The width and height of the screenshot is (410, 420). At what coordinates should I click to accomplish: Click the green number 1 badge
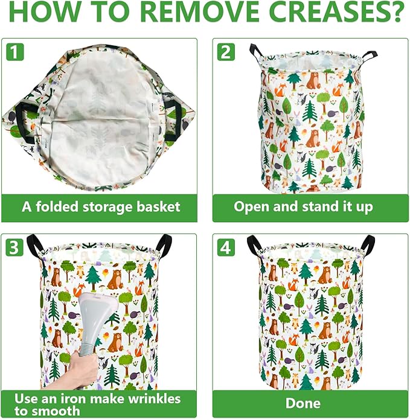click(x=16, y=52)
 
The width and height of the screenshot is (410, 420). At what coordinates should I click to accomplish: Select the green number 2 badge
click(x=226, y=52)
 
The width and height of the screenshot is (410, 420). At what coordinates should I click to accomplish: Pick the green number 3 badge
click(x=16, y=247)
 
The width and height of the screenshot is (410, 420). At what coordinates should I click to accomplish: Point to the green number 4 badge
click(x=226, y=247)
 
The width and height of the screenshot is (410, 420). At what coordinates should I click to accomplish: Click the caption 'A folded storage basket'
click(x=101, y=207)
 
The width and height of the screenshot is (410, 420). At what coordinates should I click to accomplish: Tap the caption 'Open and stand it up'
click(x=303, y=207)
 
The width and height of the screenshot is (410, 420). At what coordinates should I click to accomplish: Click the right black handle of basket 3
click(x=164, y=244)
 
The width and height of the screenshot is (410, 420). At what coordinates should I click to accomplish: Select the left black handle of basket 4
click(x=254, y=245)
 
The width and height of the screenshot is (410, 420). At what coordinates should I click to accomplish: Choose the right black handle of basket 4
click(x=366, y=244)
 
